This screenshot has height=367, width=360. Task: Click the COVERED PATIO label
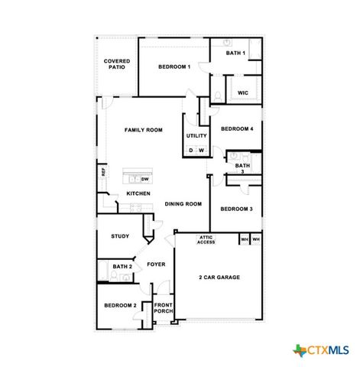(x=117, y=63)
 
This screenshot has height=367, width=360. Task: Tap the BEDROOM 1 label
(x=174, y=67)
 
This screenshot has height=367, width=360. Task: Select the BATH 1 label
(x=235, y=53)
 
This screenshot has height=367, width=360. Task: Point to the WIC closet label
(x=242, y=93)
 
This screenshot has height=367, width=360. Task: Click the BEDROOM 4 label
(x=236, y=129)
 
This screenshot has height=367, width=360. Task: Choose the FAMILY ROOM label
(x=144, y=131)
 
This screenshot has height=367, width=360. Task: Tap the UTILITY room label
(x=196, y=136)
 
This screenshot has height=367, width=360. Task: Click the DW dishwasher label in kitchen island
(x=144, y=179)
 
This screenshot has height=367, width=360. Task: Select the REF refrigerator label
(x=104, y=172)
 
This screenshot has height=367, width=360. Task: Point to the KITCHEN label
(x=138, y=194)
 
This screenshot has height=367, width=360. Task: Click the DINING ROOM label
(x=183, y=204)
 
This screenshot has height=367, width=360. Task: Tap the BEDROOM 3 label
(x=236, y=209)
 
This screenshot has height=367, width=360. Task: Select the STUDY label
(x=119, y=236)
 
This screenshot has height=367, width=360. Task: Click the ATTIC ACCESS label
(x=206, y=240)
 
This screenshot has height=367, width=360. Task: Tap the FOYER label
(x=156, y=265)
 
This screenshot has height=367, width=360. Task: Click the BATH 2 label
(x=122, y=267)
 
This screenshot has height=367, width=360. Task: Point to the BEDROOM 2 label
(x=120, y=306)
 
